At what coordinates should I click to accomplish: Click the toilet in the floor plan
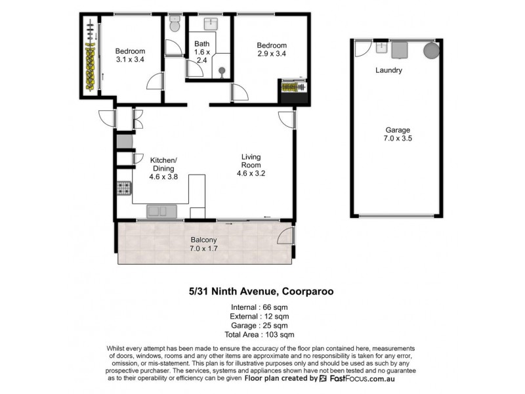point(174,24)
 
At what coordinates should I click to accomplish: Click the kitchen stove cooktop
point(124,189)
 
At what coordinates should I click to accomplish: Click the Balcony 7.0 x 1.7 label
point(205,244)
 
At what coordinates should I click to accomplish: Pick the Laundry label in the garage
point(388,70)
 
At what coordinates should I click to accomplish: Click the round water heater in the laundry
point(431,51)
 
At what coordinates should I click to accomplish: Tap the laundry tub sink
point(380,47)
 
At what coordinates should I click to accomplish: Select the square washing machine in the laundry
point(400,50)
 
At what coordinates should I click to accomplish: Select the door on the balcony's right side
point(285,237)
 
